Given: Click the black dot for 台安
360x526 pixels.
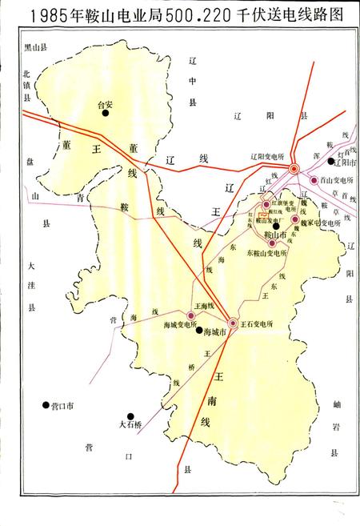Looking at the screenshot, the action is tap(104, 114).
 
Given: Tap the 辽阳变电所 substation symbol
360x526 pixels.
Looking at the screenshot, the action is tap(294, 169).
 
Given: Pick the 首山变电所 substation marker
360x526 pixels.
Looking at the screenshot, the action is tap(314, 180).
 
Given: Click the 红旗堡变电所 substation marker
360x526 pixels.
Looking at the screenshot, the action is tap(266, 204).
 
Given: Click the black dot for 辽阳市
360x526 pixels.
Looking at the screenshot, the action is tap(331, 161).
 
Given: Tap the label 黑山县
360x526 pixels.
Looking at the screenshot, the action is tap(34, 48).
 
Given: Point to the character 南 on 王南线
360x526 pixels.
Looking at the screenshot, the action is tap(217, 395).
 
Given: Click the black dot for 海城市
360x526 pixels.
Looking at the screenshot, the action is tap(198, 330).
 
